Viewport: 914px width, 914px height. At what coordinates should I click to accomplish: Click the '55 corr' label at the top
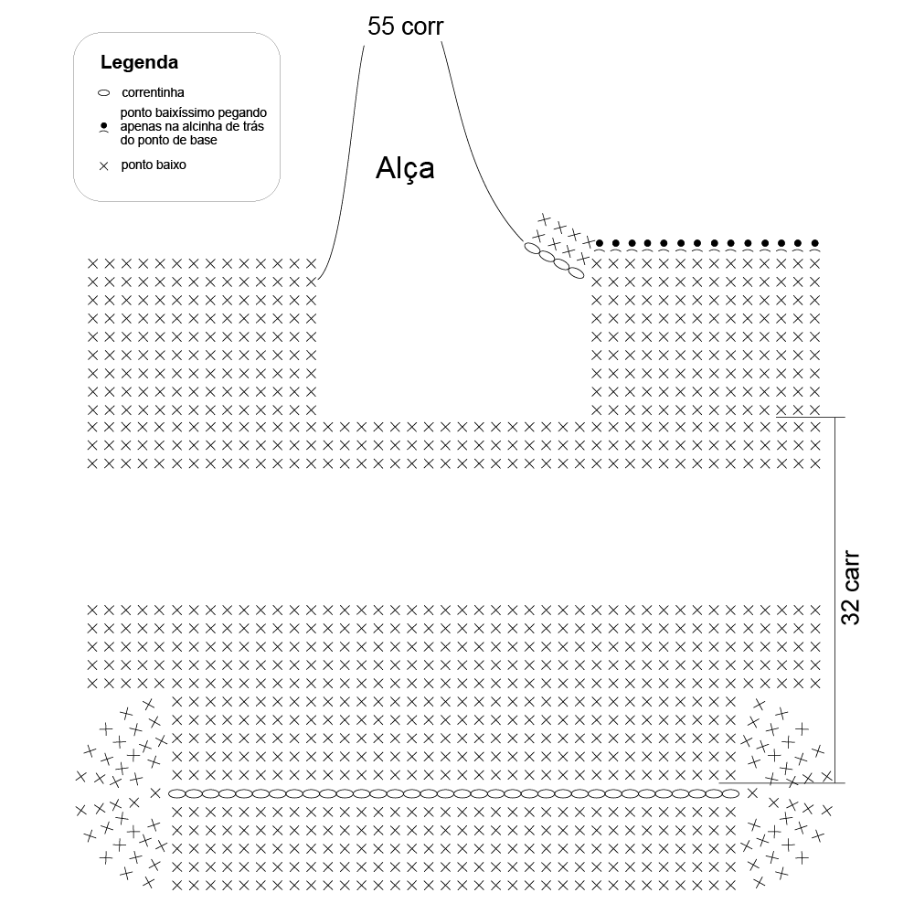click(405, 27)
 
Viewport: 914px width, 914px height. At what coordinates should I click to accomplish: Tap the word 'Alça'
click(405, 169)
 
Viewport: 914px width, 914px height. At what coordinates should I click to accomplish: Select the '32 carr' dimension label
click(850, 588)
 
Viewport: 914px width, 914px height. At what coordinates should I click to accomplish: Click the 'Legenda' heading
click(139, 62)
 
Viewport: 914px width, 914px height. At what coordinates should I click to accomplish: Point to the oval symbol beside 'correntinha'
click(104, 93)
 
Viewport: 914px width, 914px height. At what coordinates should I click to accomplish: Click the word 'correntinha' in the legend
click(153, 92)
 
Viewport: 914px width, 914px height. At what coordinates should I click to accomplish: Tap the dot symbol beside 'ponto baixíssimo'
click(104, 126)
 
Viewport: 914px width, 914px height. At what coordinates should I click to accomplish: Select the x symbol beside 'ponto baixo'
click(104, 166)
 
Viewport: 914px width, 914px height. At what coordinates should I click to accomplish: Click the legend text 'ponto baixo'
click(154, 165)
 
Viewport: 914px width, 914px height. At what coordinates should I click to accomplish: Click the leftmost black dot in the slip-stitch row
click(600, 243)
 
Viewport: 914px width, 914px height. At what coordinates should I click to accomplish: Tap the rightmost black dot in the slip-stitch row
click(815, 243)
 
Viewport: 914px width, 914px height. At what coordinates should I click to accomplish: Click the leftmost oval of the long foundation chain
click(176, 793)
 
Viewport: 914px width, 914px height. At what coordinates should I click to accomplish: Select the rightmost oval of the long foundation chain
click(730, 793)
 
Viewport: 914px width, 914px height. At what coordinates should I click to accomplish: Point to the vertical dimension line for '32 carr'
click(834, 600)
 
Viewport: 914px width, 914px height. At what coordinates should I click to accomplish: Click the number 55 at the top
click(380, 27)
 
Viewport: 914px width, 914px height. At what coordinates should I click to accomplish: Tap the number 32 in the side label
click(850, 611)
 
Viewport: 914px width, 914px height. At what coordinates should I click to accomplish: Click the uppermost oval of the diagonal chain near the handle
click(533, 249)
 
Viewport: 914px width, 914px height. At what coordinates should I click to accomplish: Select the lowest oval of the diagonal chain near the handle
click(575, 272)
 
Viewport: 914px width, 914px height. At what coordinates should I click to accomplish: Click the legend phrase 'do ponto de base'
click(168, 141)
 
